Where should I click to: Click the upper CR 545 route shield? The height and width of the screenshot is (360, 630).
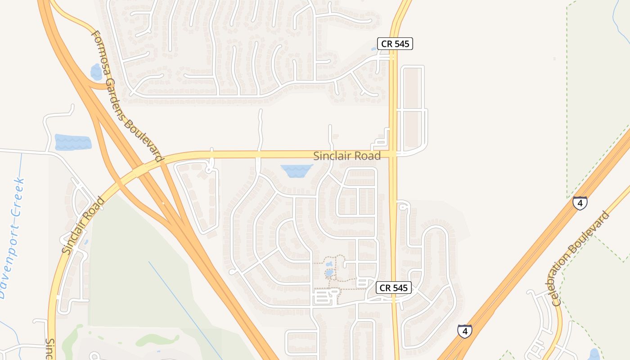395,44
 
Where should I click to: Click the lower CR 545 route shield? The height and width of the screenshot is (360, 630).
393,288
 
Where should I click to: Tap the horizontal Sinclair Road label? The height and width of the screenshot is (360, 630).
346,156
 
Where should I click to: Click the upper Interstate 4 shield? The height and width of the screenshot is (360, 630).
580,203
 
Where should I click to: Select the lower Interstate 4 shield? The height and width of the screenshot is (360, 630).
464,331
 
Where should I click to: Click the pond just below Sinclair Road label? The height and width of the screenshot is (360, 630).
297,170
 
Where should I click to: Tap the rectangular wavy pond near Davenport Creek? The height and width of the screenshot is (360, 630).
72,142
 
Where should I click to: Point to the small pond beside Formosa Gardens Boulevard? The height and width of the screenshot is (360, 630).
96,72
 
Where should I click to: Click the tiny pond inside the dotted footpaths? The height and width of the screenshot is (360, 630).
329,272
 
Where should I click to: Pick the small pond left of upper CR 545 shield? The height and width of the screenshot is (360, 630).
374,49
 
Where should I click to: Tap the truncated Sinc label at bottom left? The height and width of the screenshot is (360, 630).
50,349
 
